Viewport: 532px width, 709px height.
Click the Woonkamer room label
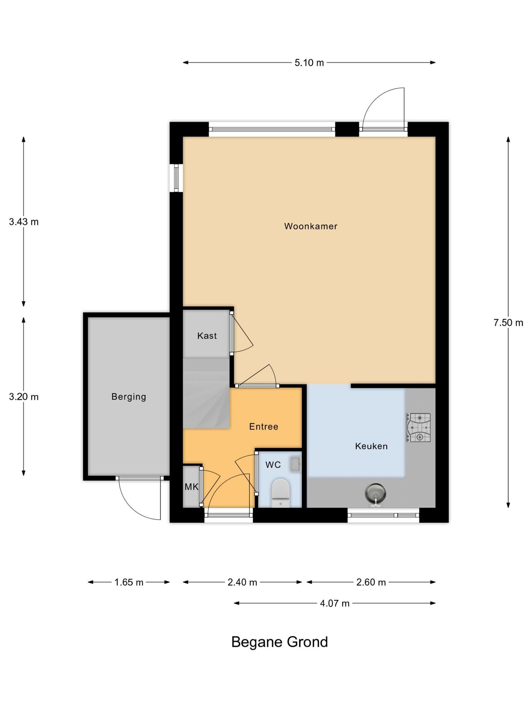pos(311,226)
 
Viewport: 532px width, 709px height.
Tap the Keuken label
pos(371,446)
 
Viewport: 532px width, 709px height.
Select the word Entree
pos(263,427)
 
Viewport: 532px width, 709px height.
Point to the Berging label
pos(129,397)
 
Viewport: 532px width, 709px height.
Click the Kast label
pos(207,336)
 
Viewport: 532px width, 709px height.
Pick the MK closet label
pos(191,487)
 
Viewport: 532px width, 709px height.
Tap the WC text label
pos(273,465)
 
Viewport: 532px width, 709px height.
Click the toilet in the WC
pos(281,493)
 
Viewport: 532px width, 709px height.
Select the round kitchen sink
pos(375,493)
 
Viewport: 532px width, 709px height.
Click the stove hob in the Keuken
pos(419,427)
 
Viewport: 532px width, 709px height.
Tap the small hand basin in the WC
pos(295,464)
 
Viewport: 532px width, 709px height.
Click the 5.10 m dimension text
pos(309,63)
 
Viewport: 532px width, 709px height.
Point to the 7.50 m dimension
pos(508,323)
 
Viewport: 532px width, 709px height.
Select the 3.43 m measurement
pos(24,222)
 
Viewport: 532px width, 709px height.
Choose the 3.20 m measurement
pos(24,397)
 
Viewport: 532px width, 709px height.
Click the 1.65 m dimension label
pos(129,582)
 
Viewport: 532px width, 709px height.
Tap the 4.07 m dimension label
pos(335,603)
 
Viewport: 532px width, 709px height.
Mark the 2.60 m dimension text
pos(371,582)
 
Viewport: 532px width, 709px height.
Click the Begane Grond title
pos(279,642)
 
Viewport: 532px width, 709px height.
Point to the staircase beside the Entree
pos(206,393)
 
